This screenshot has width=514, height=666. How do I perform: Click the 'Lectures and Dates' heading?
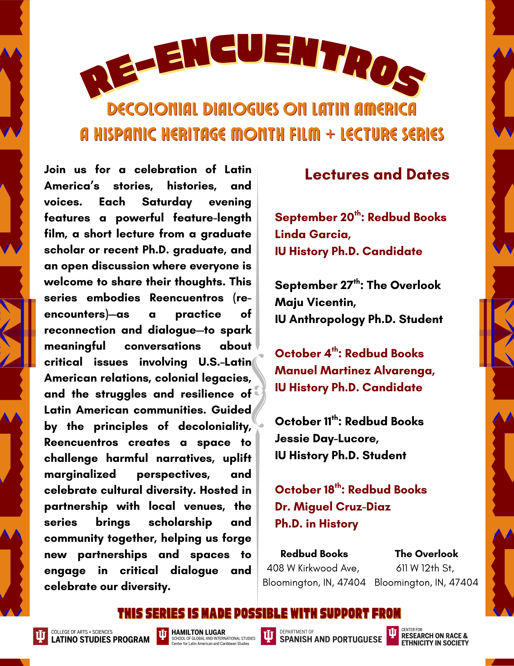coord(377,175)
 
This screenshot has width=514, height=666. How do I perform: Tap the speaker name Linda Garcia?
coord(313,234)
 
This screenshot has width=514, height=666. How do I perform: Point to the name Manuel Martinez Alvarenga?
coord(355,370)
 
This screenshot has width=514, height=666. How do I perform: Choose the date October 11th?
coord(306,421)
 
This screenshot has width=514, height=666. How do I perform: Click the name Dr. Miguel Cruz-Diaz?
coord(333,506)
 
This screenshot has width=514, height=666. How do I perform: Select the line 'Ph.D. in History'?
coord(316,524)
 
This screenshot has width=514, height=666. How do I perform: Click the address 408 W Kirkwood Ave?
coord(313,568)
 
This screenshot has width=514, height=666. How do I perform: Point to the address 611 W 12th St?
coord(425,568)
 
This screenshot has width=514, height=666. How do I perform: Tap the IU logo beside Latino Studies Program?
coord(41,636)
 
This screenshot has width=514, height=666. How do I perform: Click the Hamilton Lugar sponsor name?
coord(198,632)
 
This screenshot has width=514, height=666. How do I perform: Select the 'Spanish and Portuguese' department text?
coord(331,639)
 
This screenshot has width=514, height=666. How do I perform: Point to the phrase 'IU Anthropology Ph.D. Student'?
coord(359,319)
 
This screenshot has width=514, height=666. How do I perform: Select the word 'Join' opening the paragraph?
coord(55,169)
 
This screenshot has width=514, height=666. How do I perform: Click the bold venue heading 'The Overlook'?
coord(426,554)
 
